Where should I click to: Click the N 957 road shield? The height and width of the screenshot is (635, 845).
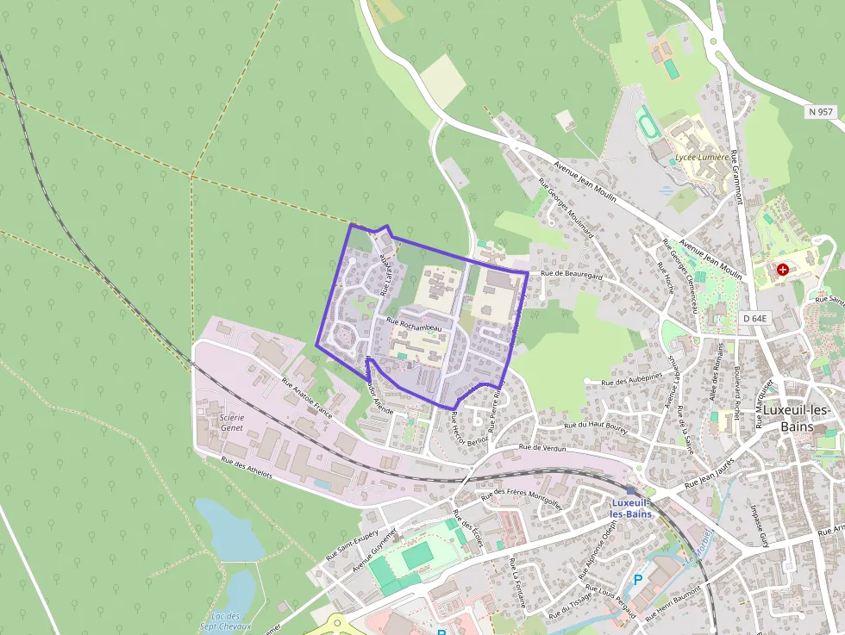[821, 112]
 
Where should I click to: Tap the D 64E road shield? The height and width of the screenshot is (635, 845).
[756, 319]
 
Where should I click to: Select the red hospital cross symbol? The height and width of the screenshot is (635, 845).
[783, 270]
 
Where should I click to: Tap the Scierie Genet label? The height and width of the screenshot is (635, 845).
[226, 422]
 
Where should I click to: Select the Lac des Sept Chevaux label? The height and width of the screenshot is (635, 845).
[230, 621]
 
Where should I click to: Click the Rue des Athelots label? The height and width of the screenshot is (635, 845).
[247, 468]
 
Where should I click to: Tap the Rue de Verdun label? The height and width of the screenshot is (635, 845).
[541, 448]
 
